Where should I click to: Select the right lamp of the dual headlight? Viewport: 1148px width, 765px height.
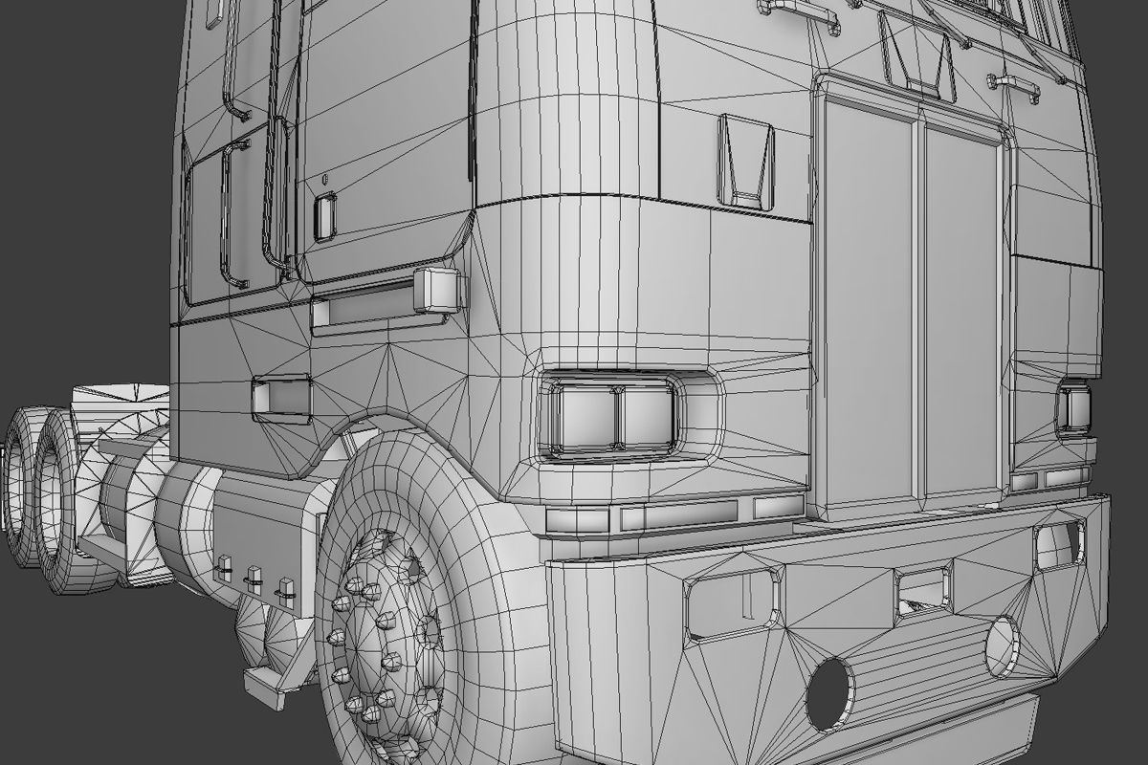649,418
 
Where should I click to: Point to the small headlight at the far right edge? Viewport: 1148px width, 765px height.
1073,408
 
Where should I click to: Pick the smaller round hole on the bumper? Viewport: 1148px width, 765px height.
1002,646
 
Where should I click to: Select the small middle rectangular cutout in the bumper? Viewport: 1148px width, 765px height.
922,590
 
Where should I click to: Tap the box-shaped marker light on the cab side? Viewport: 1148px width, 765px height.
439,289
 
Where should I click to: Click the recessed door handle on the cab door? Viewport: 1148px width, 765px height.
325,217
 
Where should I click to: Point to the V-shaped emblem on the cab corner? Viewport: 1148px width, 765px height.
746,161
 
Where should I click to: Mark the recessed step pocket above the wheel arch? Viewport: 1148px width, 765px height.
281,398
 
